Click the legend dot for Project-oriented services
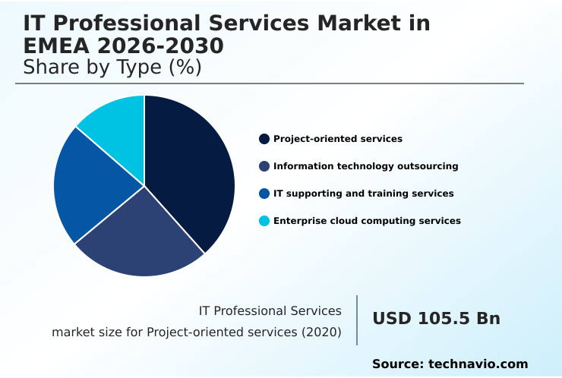264,139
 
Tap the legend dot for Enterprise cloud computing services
264,221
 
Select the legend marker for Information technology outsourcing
264,166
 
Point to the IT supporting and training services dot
264,194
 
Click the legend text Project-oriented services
337,139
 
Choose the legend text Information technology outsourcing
365,166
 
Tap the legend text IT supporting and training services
363,194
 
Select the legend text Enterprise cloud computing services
367,221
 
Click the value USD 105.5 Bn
436,319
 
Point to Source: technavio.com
450,364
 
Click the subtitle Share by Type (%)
112,67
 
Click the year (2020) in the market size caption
322,332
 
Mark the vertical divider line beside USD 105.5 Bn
357,320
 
